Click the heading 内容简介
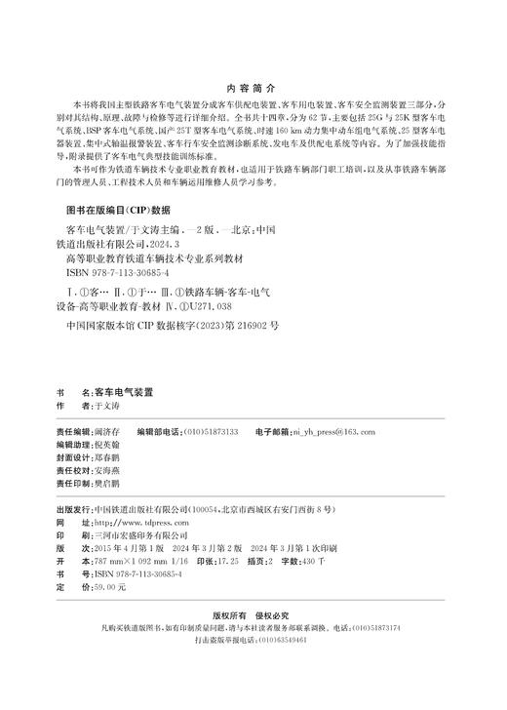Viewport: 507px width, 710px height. click(253, 86)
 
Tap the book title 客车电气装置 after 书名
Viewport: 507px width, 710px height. click(122, 390)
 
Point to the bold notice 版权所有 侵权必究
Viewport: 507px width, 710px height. click(253, 615)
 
